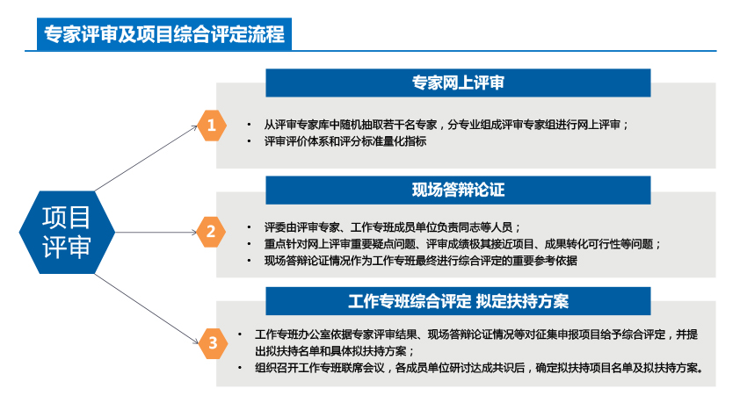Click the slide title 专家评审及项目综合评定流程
pyautogui.click(x=164, y=34)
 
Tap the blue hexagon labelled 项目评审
pyautogui.click(x=67, y=233)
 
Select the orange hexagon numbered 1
pyautogui.click(x=212, y=126)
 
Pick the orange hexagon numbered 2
pyautogui.click(x=210, y=232)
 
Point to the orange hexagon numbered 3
pyautogui.click(x=213, y=343)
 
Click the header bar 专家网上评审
pyautogui.click(x=458, y=83)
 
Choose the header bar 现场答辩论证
pyautogui.click(x=458, y=190)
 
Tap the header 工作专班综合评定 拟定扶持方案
pyautogui.click(x=458, y=301)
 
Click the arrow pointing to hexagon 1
pyautogui.click(x=146, y=158)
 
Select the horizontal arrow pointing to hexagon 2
pyautogui.click(x=156, y=232)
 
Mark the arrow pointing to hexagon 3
pyautogui.click(x=147, y=309)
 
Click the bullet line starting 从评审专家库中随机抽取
pyautogui.click(x=446, y=125)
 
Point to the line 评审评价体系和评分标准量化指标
pyautogui.click(x=345, y=141)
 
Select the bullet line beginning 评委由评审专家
pyautogui.click(x=392, y=227)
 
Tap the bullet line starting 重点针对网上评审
pyautogui.click(x=462, y=244)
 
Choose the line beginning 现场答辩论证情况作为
pyautogui.click(x=420, y=261)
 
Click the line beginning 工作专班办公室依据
pyautogui.click(x=476, y=334)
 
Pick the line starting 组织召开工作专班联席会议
pyautogui.click(x=479, y=368)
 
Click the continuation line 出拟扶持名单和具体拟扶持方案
pyautogui.click(x=335, y=351)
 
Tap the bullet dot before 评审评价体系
pyautogui.click(x=249, y=141)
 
